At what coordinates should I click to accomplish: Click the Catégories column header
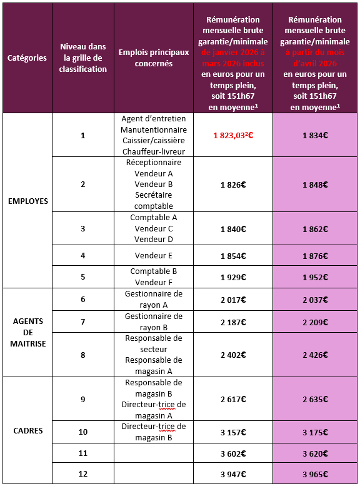coord(27,58)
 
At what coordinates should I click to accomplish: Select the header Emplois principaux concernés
coord(153,58)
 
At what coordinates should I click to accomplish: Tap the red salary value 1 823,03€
coord(233,135)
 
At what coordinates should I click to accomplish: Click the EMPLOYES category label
coord(27,201)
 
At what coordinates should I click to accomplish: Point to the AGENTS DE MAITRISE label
coord(27,332)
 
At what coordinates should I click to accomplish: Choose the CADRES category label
coord(27,430)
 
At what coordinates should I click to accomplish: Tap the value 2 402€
coord(233,355)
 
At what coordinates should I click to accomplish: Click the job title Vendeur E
coord(153,256)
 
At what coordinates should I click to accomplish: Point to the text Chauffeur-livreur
coord(153,151)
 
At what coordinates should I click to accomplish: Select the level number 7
coord(83,321)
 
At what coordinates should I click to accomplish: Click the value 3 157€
coord(233,432)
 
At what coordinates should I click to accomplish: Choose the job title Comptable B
coord(153,271)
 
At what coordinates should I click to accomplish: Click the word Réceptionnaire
coord(153,163)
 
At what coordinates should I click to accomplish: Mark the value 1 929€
coord(233,277)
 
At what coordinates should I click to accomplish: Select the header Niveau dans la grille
coord(83,58)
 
